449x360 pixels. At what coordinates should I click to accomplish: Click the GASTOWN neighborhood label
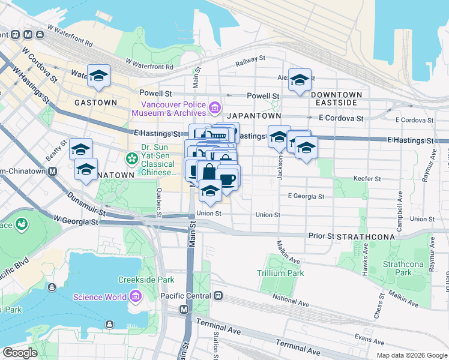95,103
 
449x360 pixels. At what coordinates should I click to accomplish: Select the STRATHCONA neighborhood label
366,236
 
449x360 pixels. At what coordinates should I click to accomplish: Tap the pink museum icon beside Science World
135,297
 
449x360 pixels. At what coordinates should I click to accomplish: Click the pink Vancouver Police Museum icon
215,109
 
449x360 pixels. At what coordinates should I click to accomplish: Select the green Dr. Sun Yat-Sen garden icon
131,158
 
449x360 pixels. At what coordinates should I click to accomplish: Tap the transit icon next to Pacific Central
219,296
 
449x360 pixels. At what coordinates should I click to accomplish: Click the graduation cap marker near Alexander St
300,80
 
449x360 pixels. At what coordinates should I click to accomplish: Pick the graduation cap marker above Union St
210,191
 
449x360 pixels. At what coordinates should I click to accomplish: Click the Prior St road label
321,236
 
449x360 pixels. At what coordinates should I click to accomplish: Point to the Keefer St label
368,178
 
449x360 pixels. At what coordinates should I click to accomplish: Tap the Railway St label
250,59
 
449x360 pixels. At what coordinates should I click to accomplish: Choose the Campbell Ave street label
399,205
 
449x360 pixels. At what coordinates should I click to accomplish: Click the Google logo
20,353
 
